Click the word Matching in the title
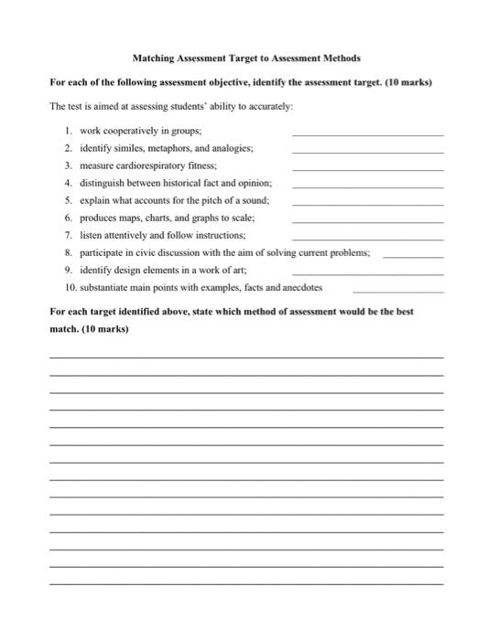click(155, 57)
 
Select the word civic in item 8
click(146, 252)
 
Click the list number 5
click(69, 200)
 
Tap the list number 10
click(70, 287)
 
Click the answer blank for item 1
click(366, 134)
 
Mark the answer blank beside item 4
click(366, 187)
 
